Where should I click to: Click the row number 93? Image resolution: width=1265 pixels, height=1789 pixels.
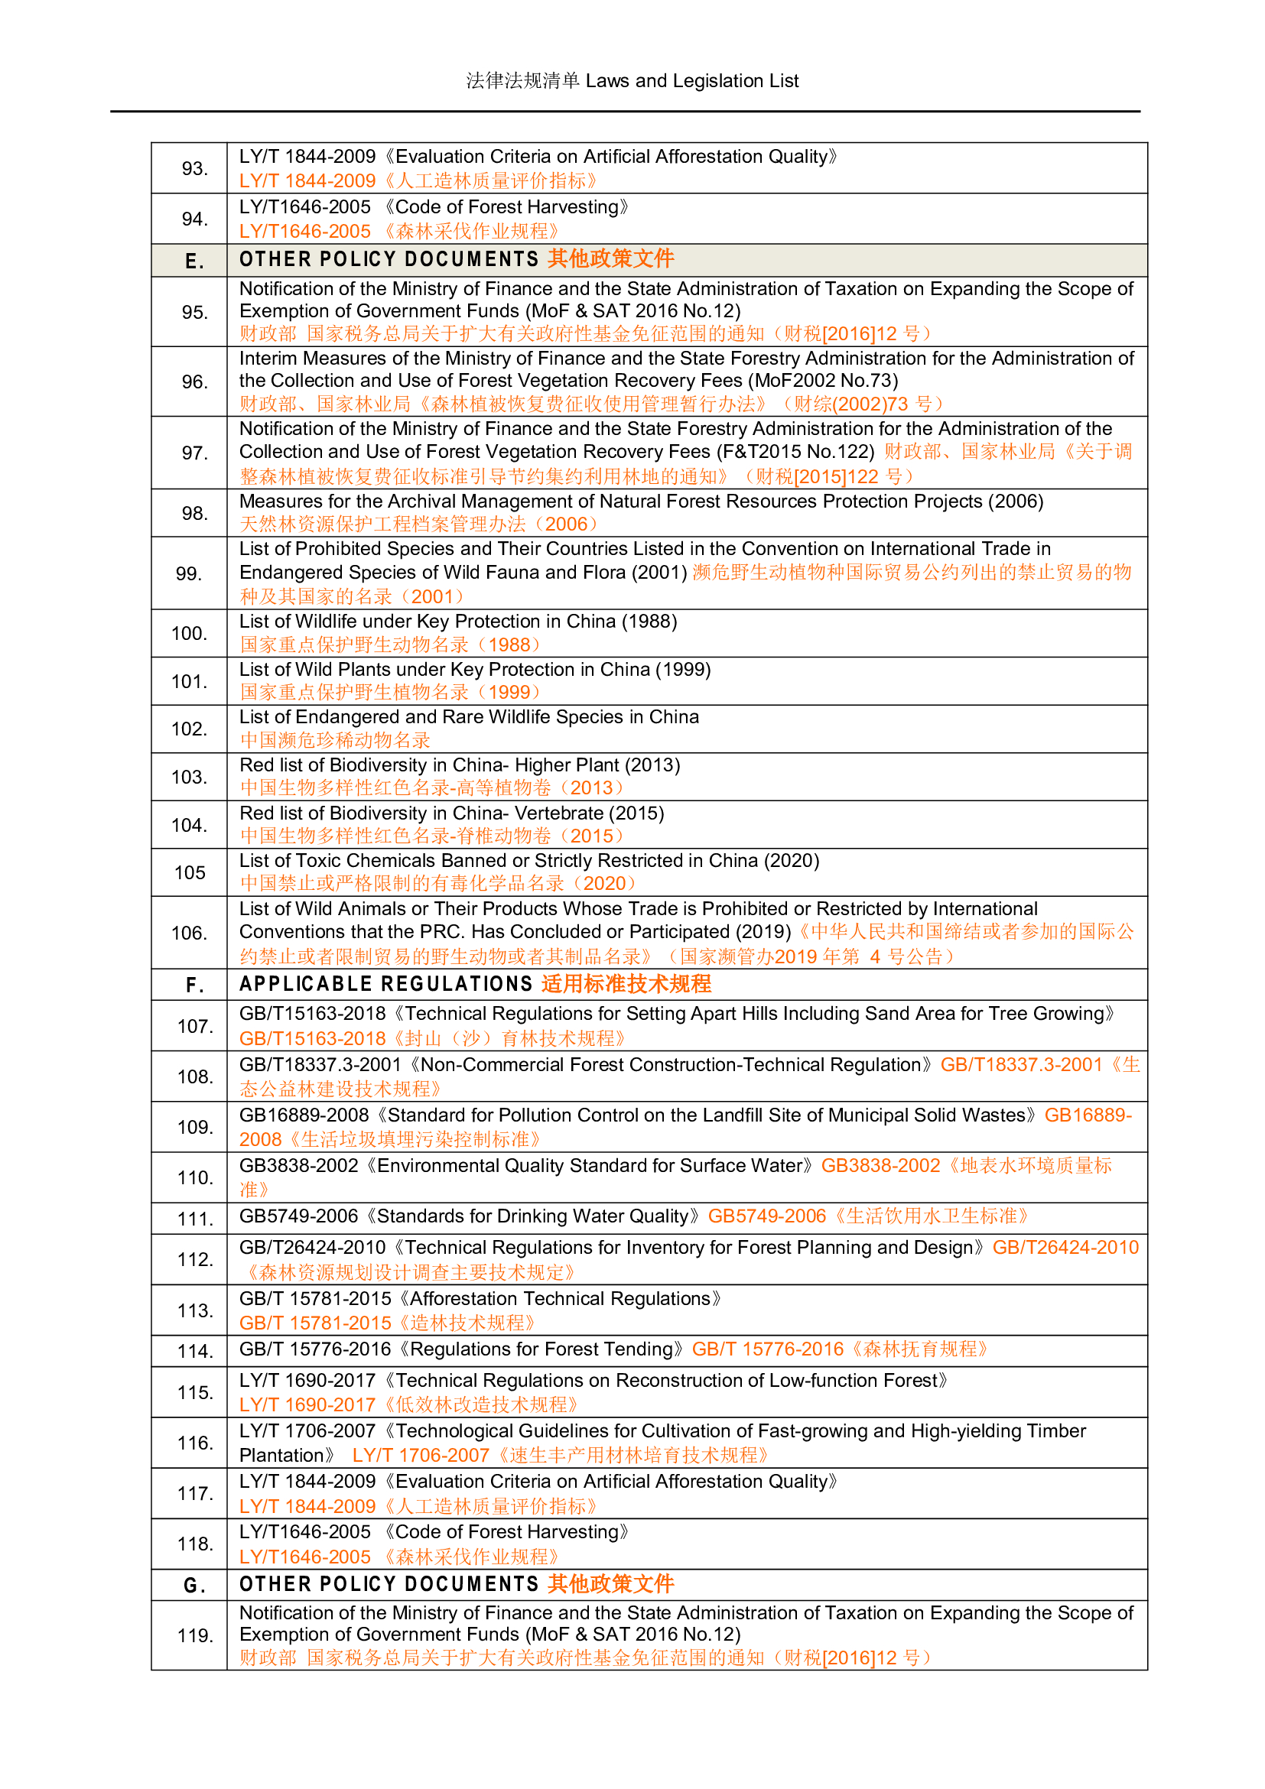pyautogui.click(x=194, y=168)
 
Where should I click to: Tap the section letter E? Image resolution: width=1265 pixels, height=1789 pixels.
pyautogui.click(x=194, y=261)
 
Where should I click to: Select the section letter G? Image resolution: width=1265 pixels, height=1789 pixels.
pyautogui.click(x=194, y=1586)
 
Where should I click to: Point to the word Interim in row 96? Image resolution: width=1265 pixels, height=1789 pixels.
pyautogui.click(x=268, y=359)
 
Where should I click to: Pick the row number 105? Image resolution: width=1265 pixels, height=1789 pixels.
pyautogui.click(x=190, y=872)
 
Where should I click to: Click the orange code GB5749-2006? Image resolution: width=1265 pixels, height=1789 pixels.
pyautogui.click(x=766, y=1216)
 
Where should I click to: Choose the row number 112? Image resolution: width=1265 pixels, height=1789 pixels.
pyautogui.click(x=194, y=1259)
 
